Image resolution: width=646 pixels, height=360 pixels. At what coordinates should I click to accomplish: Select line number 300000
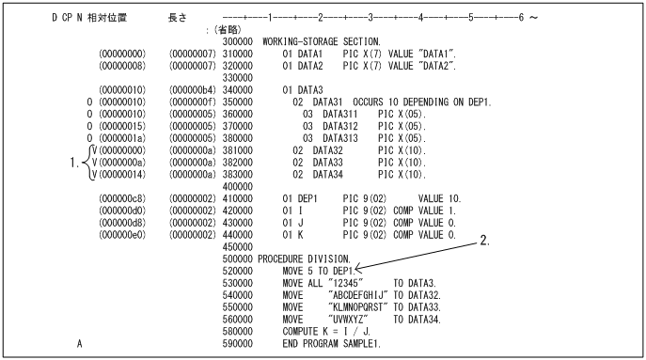[x=236, y=42]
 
